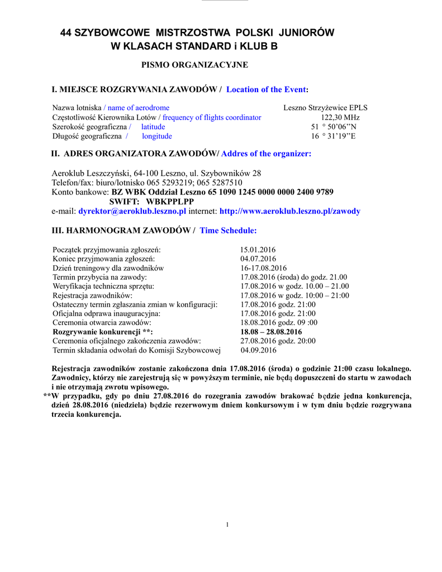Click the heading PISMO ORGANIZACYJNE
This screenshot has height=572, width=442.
point(194,65)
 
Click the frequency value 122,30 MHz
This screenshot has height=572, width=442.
point(340,117)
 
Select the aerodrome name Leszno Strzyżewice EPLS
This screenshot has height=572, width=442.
point(325,108)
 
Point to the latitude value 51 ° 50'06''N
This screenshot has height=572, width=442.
point(334,127)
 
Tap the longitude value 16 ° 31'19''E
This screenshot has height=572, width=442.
point(334,136)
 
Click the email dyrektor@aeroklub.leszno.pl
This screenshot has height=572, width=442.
point(132,211)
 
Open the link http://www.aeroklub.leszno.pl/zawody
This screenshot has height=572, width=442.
point(289,211)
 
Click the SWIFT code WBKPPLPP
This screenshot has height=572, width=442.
point(170,202)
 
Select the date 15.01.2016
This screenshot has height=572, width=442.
point(258,250)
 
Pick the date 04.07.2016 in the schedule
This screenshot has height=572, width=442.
point(258,259)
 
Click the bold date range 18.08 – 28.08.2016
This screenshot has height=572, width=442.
point(270,332)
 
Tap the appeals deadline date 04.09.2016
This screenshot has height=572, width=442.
point(258,350)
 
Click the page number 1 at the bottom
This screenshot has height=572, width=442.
point(227,524)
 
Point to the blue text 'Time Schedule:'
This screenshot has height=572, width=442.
point(228,230)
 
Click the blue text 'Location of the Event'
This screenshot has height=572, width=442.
point(266,89)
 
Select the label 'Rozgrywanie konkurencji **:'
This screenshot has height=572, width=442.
point(102,332)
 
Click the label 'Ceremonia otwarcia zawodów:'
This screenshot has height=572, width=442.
point(102,323)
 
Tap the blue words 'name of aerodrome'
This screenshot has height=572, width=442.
point(139,108)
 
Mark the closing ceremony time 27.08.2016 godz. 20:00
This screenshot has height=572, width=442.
point(278,341)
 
